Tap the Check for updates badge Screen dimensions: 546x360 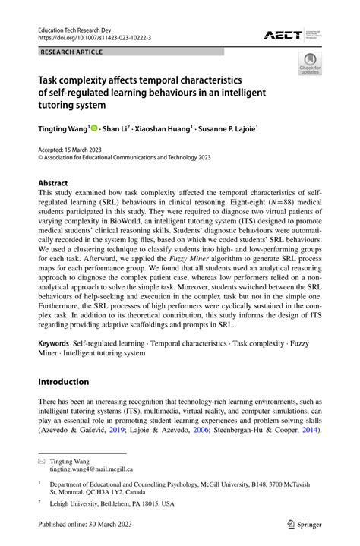point(309,65)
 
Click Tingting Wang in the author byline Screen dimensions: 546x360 point(63,128)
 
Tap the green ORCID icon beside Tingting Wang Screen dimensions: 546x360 point(95,128)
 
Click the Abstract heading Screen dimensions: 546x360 point(53,183)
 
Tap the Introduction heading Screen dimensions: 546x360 point(64,381)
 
